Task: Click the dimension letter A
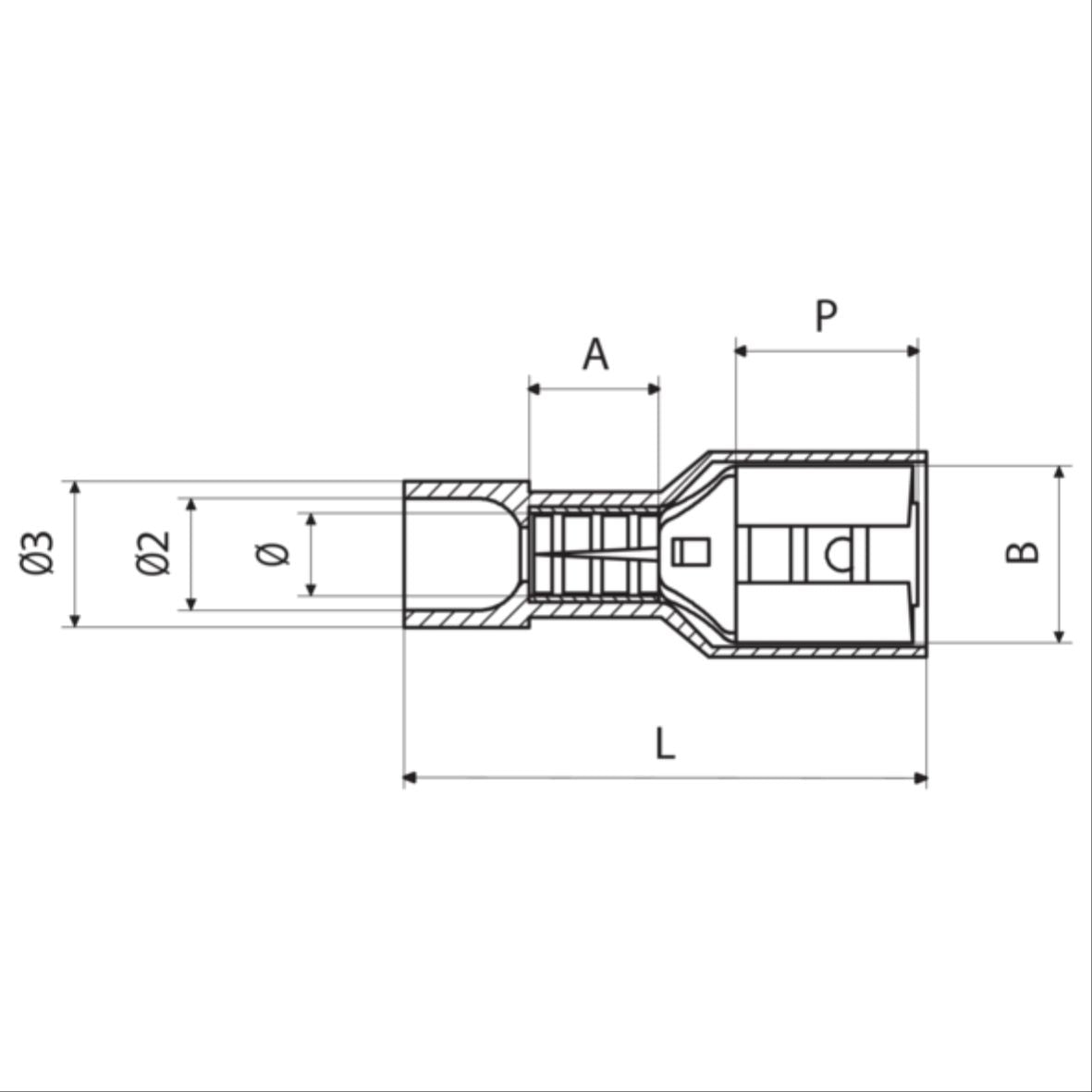click(x=595, y=354)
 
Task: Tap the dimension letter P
click(x=826, y=316)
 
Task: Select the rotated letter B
click(x=1023, y=552)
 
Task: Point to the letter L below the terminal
click(x=665, y=743)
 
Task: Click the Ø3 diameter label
click(x=39, y=553)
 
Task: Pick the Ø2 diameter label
click(x=153, y=553)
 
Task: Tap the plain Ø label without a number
click(x=275, y=554)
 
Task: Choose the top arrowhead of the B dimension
click(x=1060, y=472)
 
